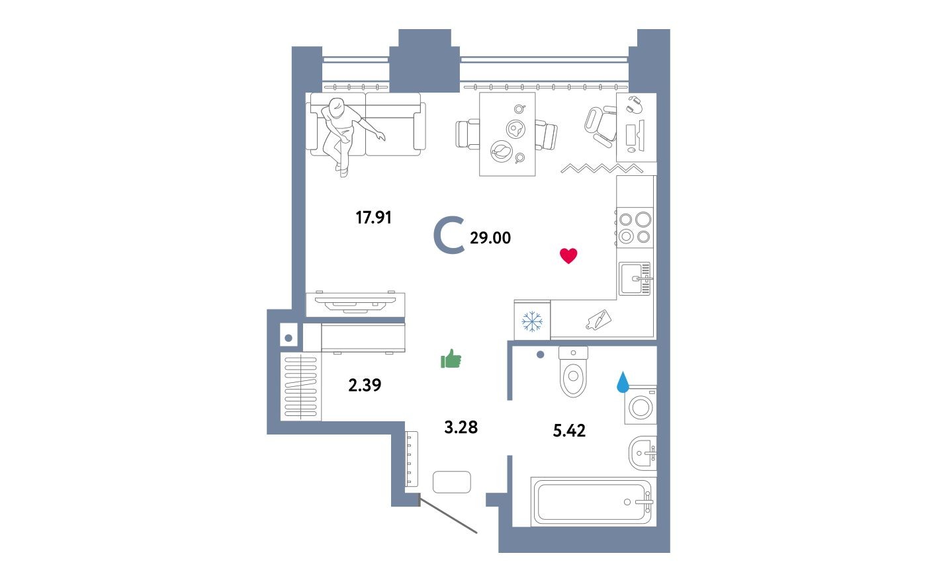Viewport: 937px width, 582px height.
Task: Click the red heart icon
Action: click(x=568, y=256)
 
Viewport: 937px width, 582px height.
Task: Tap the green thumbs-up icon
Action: click(x=451, y=359)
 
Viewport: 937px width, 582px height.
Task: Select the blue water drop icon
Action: click(x=623, y=382)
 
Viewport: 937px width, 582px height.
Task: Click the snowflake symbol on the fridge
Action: click(x=532, y=321)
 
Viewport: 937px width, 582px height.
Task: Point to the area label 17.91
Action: click(x=374, y=218)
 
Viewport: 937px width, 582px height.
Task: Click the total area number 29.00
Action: click(x=490, y=238)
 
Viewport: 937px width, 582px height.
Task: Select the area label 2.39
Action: click(x=365, y=385)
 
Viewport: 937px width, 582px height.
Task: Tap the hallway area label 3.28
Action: click(x=461, y=427)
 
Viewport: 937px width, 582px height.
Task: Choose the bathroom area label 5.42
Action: click(x=569, y=431)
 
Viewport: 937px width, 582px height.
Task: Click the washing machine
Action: click(x=641, y=406)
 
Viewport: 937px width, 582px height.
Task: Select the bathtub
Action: click(x=593, y=502)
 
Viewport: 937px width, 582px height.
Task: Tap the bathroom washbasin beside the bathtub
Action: click(x=642, y=453)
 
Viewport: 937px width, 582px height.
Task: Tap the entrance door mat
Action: click(x=452, y=482)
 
